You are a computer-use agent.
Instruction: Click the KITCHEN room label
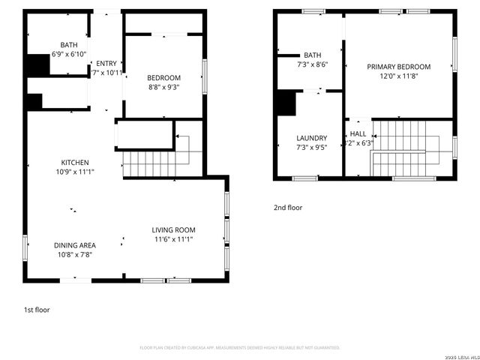[x=75, y=162]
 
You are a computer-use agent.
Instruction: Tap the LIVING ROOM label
[x=173, y=230]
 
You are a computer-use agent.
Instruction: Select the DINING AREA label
[x=75, y=245]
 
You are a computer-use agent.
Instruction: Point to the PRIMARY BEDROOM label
[x=398, y=67]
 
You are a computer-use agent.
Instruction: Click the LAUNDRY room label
[x=311, y=138]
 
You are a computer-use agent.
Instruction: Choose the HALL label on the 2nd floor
[x=358, y=133]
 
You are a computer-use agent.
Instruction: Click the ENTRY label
[x=106, y=63]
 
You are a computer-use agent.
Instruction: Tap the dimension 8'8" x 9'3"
[x=163, y=87]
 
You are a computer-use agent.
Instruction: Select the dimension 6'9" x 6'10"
[x=69, y=54]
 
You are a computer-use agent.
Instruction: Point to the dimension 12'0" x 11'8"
[x=398, y=76]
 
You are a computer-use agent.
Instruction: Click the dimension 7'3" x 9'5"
[x=311, y=148]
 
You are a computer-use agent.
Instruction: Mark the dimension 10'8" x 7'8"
[x=75, y=255]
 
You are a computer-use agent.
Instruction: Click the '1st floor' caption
[x=37, y=309]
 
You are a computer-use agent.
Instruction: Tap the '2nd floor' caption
[x=288, y=208]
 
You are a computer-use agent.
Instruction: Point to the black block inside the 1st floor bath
[x=38, y=65]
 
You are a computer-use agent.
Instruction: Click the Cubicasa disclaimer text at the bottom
[x=240, y=348]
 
